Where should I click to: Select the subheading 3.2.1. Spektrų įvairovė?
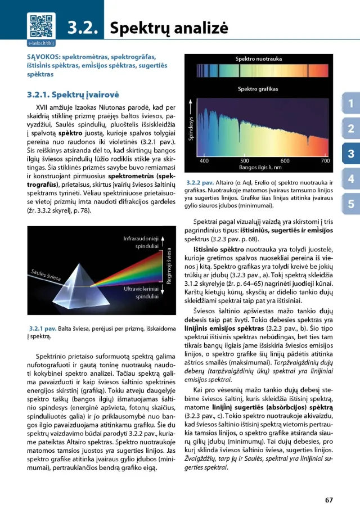tap(73, 94)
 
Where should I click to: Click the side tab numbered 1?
tap(350, 103)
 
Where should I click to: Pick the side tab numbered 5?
tap(350, 204)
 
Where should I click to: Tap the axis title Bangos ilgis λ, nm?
tap(260, 168)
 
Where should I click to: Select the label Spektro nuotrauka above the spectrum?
tap(259, 58)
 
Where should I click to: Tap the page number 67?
tap(329, 500)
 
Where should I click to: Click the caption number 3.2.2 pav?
tap(200, 183)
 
